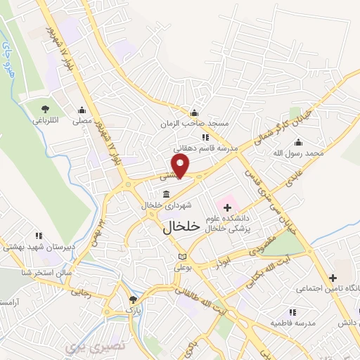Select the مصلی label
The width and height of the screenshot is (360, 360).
click(x=84, y=121)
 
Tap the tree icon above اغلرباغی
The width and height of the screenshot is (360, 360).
click(x=45, y=109)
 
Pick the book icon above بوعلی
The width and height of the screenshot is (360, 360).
click(x=184, y=257)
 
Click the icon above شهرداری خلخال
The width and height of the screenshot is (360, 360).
click(x=166, y=194)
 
